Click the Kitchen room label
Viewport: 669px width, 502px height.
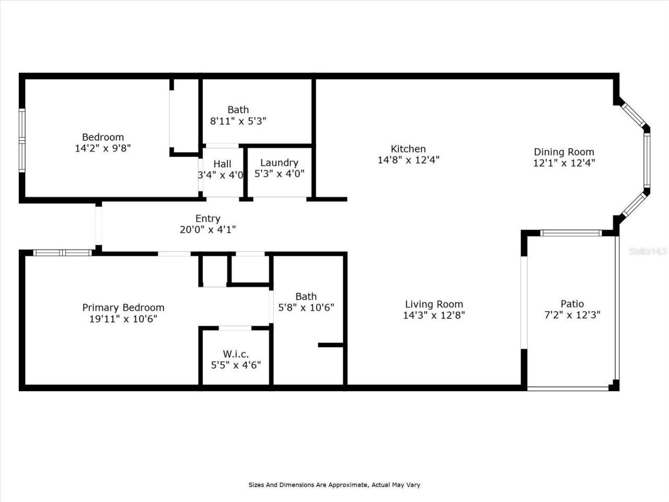(408, 149)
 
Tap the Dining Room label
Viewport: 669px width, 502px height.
(563, 152)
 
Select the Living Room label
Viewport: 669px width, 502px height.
(434, 304)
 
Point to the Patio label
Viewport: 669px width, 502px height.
(572, 304)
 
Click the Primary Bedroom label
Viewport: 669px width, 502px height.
(123, 307)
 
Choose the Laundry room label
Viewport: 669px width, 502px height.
(279, 163)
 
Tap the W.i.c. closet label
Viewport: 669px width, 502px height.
(236, 354)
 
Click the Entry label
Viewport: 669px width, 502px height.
(207, 219)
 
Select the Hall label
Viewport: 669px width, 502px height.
(222, 164)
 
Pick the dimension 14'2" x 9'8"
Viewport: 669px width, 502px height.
(102, 149)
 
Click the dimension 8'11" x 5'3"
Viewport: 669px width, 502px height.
(238, 121)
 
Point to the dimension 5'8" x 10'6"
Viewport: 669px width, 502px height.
(306, 307)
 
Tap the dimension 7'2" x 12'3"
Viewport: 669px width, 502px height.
(572, 315)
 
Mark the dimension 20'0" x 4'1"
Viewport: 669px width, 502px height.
(207, 230)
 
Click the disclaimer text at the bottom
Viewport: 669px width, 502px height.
(334, 485)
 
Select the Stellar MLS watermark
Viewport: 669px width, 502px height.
(648, 251)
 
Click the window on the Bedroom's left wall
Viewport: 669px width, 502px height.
(22, 140)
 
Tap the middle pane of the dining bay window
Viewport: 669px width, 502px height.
(647, 159)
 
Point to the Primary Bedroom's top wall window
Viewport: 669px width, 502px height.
(62, 253)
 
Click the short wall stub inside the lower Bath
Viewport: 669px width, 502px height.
(330, 345)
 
